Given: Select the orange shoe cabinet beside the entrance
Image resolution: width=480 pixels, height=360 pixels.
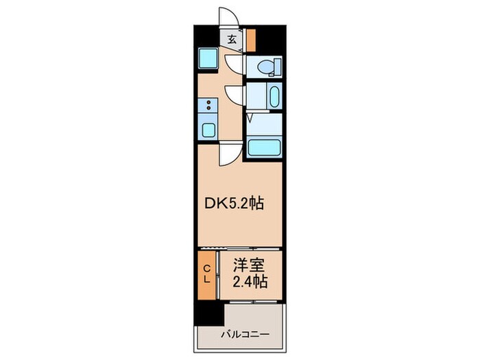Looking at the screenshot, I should click(251, 40).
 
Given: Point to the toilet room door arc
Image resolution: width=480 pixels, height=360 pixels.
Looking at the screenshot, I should click(234, 64).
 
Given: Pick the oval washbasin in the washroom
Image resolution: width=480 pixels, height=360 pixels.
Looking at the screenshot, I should click(274, 96).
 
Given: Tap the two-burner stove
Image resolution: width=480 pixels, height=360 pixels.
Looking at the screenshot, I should click(208, 106).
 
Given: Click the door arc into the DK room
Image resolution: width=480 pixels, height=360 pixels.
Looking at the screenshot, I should click(228, 154).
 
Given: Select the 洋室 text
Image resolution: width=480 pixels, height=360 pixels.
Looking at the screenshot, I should click(249, 265).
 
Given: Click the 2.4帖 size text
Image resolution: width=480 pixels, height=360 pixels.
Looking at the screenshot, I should click(249, 280).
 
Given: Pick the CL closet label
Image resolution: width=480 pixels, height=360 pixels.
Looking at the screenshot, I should click(206, 274).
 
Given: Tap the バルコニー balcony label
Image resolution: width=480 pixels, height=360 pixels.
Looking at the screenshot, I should click(244, 335).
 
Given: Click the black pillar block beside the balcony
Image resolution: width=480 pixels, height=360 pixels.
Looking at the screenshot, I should click(209, 313).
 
